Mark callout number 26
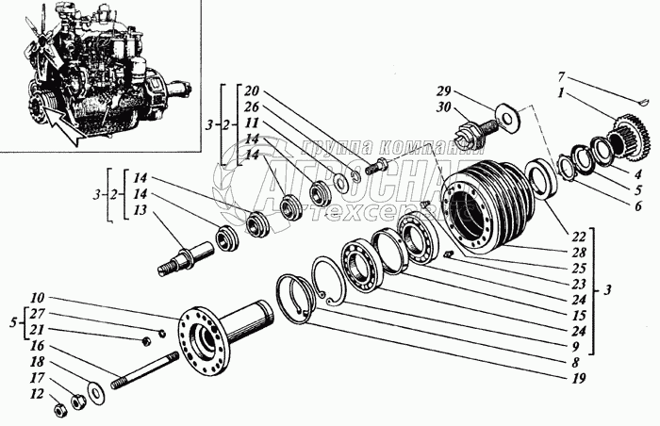click(x=252, y=106)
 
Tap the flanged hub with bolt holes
click(x=208, y=331)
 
